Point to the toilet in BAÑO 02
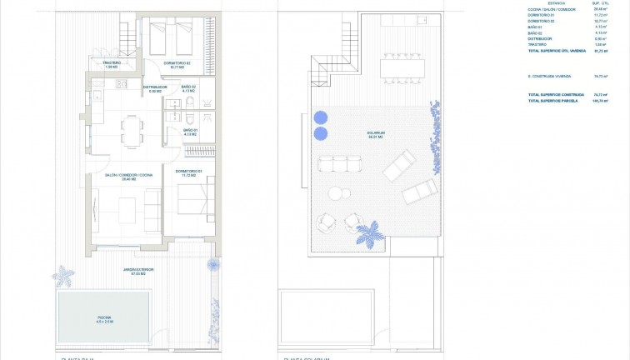[x=190, y=102]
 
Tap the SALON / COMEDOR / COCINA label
[x=127, y=176]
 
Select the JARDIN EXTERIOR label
[x=139, y=271]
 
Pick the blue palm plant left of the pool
[x=63, y=276]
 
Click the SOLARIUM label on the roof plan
[x=375, y=134]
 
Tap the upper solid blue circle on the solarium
[x=322, y=117]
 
